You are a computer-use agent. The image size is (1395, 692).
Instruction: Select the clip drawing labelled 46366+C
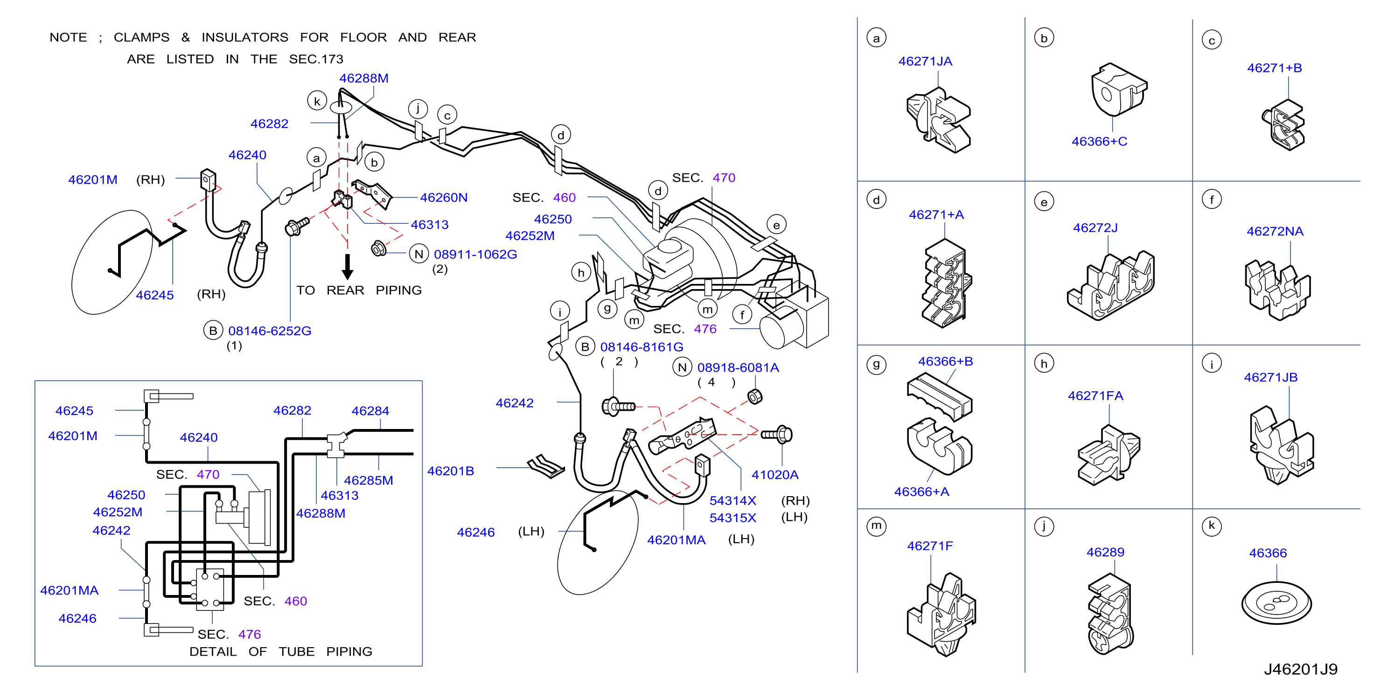tap(1119, 89)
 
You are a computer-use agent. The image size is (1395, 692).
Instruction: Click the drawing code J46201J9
tap(1301, 669)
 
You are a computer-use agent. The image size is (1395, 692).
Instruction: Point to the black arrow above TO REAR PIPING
tap(348, 266)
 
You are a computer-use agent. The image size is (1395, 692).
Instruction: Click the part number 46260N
tap(444, 198)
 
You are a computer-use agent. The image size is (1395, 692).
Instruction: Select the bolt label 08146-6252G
tap(270, 331)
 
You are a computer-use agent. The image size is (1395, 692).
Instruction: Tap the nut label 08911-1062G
tap(475, 254)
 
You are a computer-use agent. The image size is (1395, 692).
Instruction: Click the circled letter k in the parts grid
tap(1212, 526)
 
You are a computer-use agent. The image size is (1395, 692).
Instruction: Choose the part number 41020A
tap(775, 475)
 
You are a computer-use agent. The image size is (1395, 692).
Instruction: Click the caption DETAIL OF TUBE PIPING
tap(280, 651)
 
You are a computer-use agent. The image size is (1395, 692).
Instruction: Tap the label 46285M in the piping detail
tap(368, 480)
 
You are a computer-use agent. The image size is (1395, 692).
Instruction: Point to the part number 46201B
tap(451, 471)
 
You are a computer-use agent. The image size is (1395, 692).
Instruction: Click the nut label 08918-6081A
tap(738, 367)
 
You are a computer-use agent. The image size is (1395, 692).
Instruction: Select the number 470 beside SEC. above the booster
tap(724, 178)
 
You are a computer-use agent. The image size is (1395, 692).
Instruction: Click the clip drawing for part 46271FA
tap(1109, 455)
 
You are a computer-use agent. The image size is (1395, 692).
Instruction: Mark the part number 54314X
tap(732, 501)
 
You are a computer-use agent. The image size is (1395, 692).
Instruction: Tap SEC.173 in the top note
tap(316, 59)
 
